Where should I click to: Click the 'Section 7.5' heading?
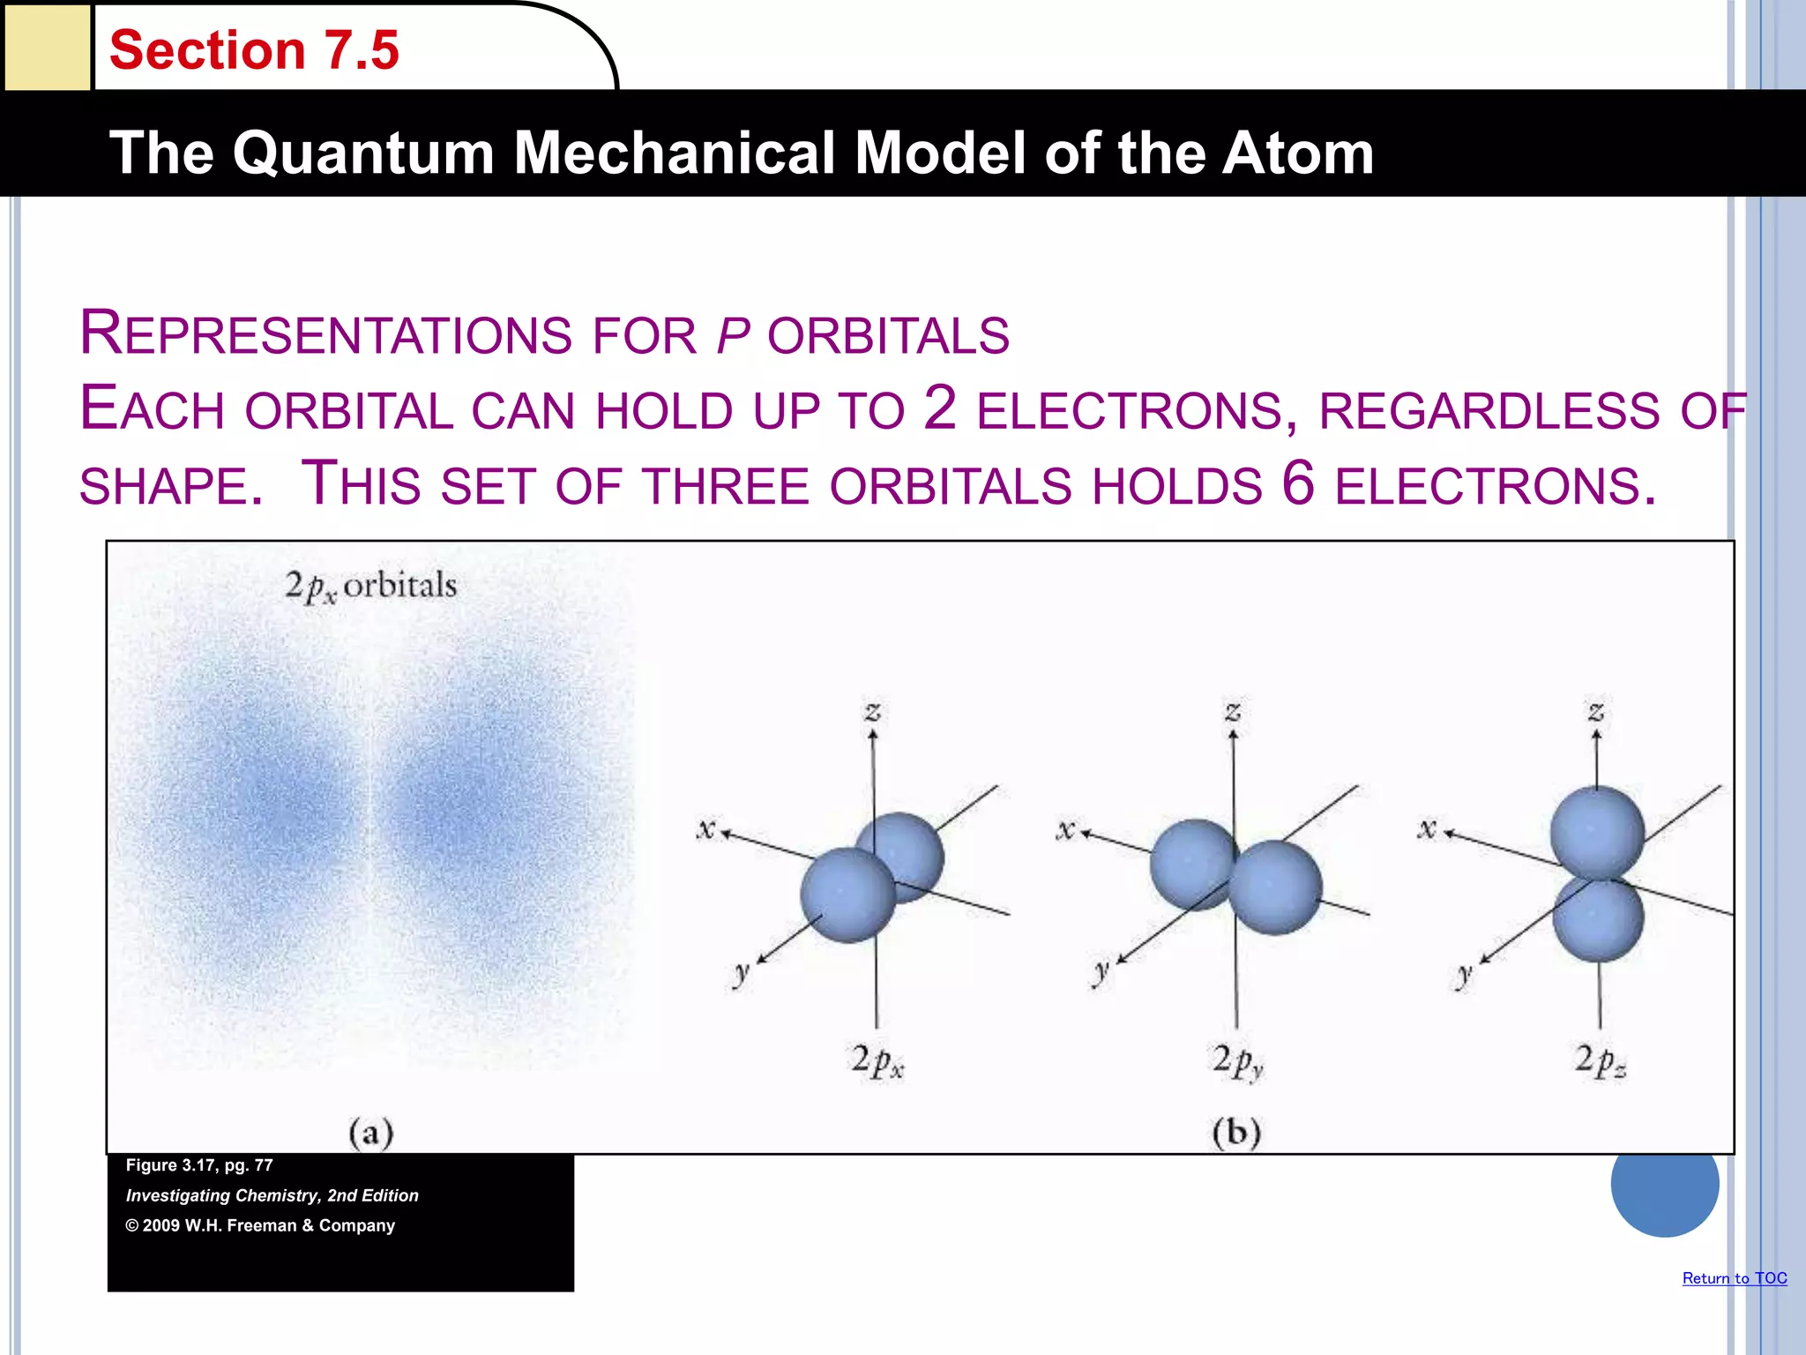[254, 50]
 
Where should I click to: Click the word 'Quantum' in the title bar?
[364, 153]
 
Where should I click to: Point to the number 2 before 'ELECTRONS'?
[940, 408]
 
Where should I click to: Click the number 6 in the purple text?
[1298, 483]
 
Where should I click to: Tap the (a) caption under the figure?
[370, 1133]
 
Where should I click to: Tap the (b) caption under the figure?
[1236, 1133]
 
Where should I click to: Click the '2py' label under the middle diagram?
[1237, 1061]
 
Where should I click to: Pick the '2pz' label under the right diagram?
[1600, 1061]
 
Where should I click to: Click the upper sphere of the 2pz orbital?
[1597, 833]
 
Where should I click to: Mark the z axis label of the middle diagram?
[1233, 711]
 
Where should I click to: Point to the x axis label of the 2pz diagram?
[1427, 828]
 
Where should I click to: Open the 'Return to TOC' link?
[1734, 1278]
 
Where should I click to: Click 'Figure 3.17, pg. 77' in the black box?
[199, 1165]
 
